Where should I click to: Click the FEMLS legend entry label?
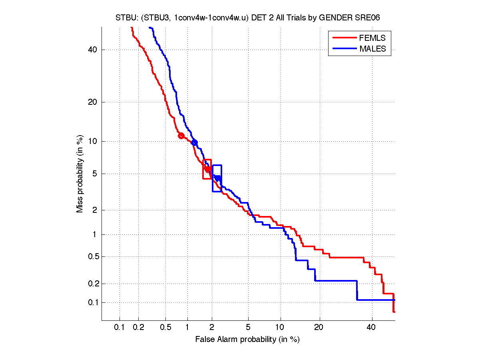tap(372, 38)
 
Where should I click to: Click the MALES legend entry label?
tap(372, 49)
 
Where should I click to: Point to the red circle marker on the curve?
tap(181, 136)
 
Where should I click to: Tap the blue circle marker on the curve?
tap(195, 142)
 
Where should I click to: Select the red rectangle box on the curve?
tap(207, 169)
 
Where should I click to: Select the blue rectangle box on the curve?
tap(217, 178)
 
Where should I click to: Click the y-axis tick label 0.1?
tap(92, 302)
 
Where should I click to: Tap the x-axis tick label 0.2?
tap(139, 328)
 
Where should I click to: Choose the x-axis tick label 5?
tap(248, 328)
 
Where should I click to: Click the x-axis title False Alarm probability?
tap(247, 340)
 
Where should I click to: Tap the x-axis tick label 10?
tap(281, 328)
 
